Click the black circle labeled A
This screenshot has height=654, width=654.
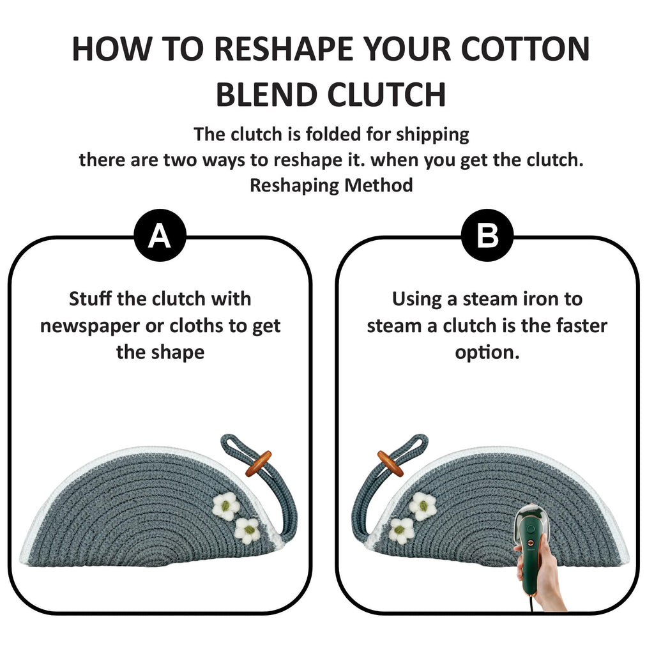click(x=160, y=235)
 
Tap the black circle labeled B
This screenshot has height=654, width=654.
click(x=487, y=235)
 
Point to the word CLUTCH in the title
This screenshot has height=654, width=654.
click(x=386, y=95)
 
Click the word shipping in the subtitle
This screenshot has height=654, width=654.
click(x=432, y=135)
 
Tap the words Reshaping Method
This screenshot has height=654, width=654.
click(x=331, y=185)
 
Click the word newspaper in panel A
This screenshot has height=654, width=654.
click(x=89, y=326)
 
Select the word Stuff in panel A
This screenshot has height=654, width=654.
click(x=91, y=299)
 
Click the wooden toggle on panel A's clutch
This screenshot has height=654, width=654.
click(x=258, y=464)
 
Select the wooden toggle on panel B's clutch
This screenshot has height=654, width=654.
click(x=390, y=464)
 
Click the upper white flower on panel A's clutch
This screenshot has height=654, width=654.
click(x=225, y=506)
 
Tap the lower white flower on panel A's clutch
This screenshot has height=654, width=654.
click(x=247, y=531)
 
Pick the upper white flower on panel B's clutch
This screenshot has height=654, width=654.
click(x=423, y=506)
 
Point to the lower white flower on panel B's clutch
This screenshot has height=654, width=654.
click(x=401, y=531)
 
